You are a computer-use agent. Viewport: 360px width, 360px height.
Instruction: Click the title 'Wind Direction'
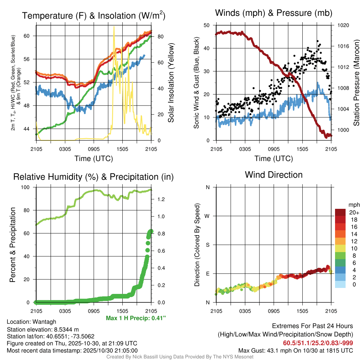pyautogui.click(x=274, y=175)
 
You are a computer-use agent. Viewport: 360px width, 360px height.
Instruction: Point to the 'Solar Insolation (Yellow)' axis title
pyautogui.click(x=171, y=83)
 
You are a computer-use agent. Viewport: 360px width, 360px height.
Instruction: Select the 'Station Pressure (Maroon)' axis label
pyautogui.click(x=356, y=83)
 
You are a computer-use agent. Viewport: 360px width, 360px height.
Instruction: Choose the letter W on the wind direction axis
pyautogui.click(x=207, y=216)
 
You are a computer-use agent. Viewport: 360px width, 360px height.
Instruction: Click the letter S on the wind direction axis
pyautogui.click(x=208, y=245)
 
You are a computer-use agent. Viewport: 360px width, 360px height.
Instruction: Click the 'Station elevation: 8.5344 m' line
pyautogui.click(x=42, y=329)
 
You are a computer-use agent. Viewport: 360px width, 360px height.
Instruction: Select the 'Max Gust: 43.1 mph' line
pyautogui.click(x=295, y=351)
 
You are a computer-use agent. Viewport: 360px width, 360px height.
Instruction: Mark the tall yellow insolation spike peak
pyautogui.click(x=114, y=27)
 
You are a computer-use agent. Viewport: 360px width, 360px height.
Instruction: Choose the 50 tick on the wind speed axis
pyautogui.click(x=207, y=25)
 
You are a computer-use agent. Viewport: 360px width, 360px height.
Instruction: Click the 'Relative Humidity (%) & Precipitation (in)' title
pyautogui.click(x=93, y=177)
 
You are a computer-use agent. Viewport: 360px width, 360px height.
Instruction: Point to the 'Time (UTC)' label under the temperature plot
pyautogui.click(x=94, y=159)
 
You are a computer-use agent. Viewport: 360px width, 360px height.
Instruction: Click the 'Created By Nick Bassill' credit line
pyautogui.click(x=180, y=357)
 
